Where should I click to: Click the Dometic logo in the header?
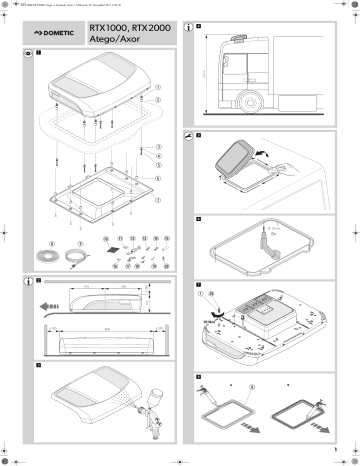coord(55,34)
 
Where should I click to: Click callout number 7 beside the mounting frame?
coord(157,198)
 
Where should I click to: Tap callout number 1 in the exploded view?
coord(157,87)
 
